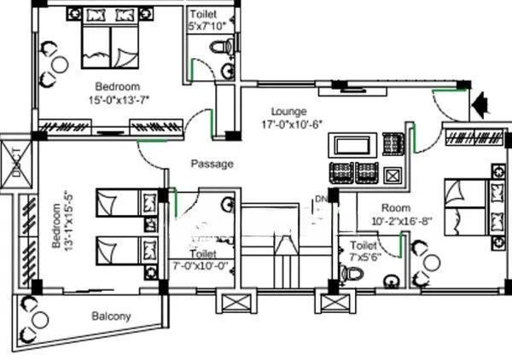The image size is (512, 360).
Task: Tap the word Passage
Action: (x=211, y=164)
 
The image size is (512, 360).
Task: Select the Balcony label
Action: (x=111, y=316)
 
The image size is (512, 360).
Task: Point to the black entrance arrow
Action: (x=480, y=104)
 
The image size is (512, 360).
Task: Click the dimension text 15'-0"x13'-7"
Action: (x=117, y=100)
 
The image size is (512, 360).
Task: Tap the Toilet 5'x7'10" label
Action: (x=208, y=20)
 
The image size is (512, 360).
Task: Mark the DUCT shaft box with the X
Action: (x=18, y=160)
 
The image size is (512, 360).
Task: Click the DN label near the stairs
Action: (x=320, y=200)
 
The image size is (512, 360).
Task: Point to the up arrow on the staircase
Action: (x=284, y=247)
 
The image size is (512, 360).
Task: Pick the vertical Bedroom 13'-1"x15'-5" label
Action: (x=57, y=225)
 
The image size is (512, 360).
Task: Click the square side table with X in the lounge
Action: (x=393, y=176)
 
